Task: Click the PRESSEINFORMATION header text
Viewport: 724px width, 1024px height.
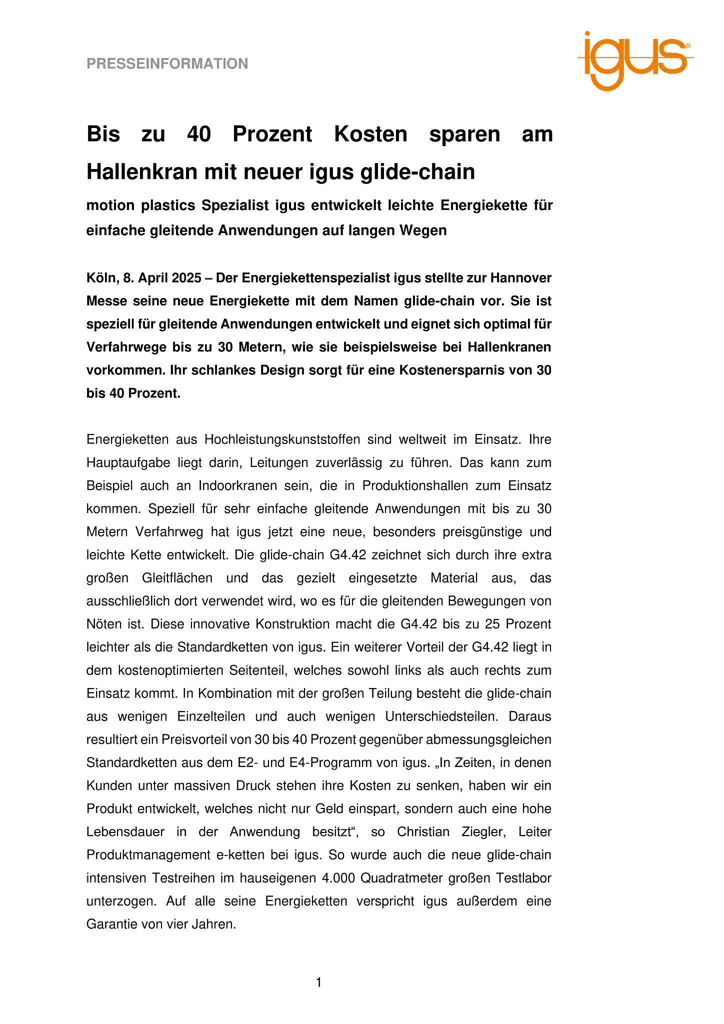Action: pos(167,64)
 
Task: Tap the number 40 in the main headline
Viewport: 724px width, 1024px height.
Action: pos(198,134)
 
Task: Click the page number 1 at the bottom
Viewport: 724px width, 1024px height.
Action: pos(318,983)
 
